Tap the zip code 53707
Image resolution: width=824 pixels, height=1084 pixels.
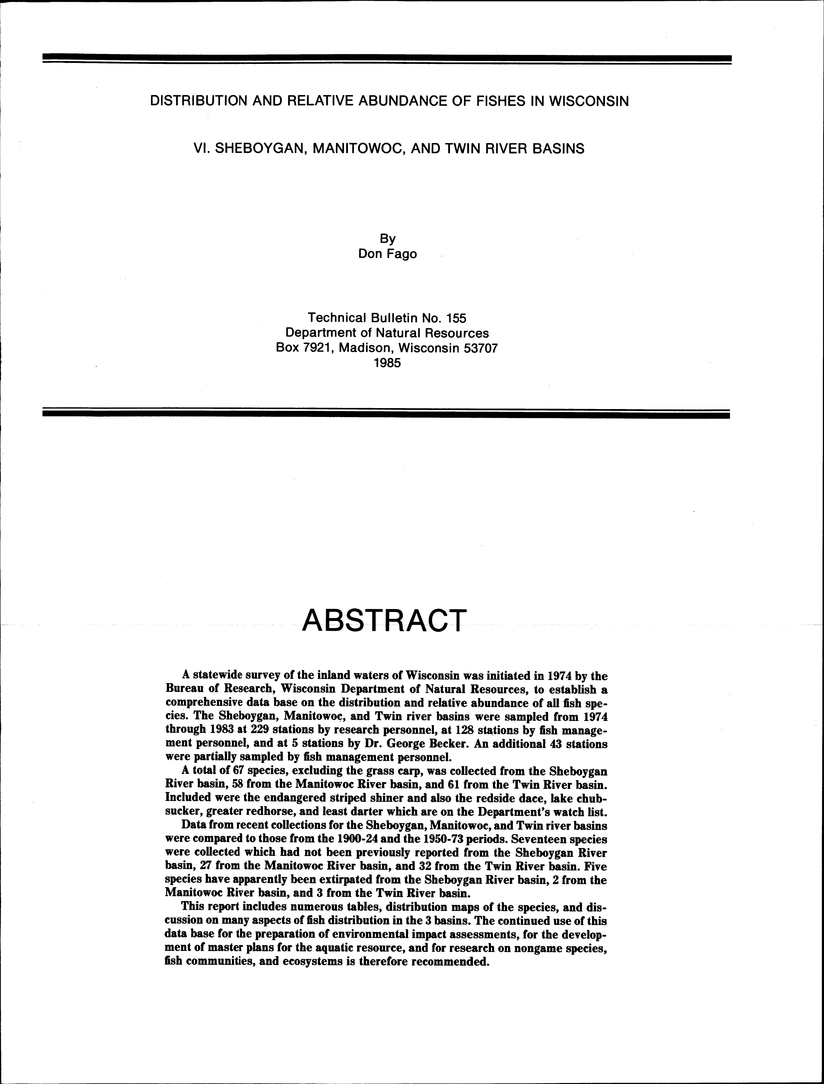tap(478, 348)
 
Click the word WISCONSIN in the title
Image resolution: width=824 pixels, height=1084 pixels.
tap(589, 101)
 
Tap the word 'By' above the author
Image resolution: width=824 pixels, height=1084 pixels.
tap(387, 239)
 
